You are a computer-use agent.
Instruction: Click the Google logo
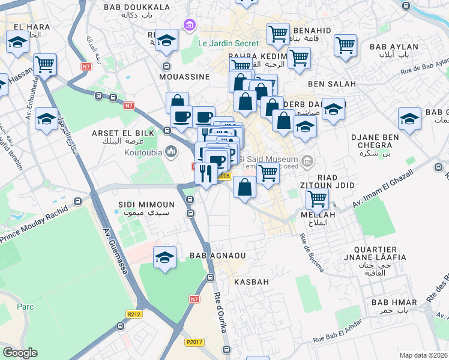click(x=20, y=353)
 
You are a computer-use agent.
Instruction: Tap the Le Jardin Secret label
click(x=229, y=43)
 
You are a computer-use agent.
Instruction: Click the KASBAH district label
click(x=251, y=281)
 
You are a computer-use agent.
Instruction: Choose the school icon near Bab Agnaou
click(x=164, y=258)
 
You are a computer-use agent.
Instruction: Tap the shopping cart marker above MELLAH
click(x=316, y=199)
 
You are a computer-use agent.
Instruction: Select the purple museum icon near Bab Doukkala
click(x=190, y=25)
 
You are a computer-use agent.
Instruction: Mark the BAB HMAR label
click(x=389, y=302)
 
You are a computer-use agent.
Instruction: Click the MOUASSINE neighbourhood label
click(x=184, y=77)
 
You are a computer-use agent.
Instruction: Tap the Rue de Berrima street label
click(x=312, y=251)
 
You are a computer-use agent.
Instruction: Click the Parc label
click(x=8, y=307)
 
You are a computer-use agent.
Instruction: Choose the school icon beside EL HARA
click(x=18, y=43)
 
